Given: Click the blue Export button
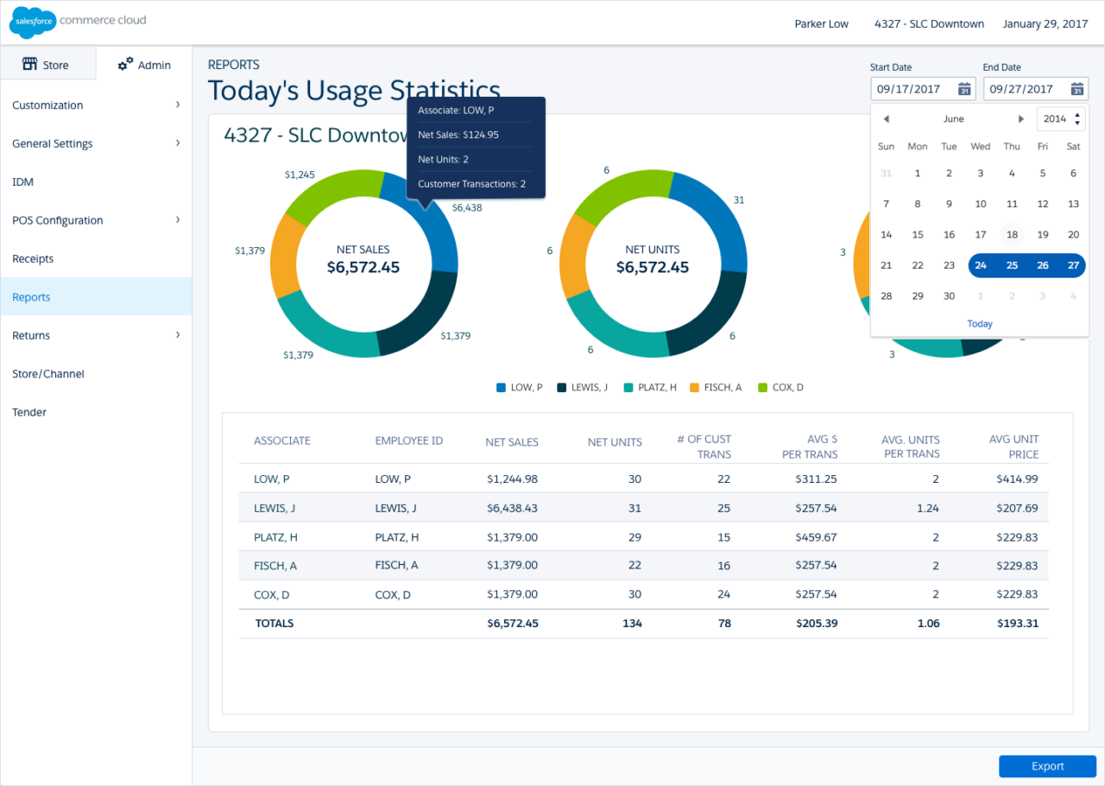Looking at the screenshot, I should click(1047, 766).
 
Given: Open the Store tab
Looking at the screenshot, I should click(47, 65).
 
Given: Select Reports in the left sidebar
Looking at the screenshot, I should click(32, 297).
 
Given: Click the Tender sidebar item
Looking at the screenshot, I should click(29, 412).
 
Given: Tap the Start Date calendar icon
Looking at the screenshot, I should click(964, 89).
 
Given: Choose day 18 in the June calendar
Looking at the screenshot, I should click(1012, 234).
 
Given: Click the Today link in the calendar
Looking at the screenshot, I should click(980, 324).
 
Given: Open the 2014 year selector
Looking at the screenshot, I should click(1060, 119).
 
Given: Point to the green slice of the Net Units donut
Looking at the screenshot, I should click(611, 195).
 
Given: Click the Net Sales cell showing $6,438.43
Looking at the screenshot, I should click(512, 508).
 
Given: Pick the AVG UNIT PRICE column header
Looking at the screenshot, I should click(1013, 447).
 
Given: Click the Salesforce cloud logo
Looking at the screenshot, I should click(33, 22).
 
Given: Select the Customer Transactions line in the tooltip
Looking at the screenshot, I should click(471, 184).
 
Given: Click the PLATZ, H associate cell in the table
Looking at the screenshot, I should click(275, 537).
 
